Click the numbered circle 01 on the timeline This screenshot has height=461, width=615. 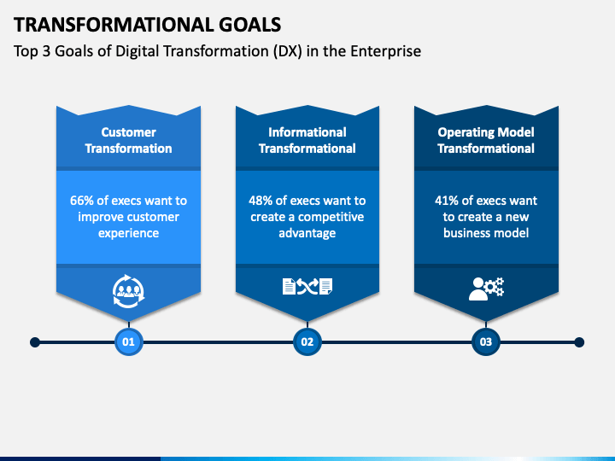[x=129, y=341]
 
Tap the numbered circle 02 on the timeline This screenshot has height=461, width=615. [x=307, y=341]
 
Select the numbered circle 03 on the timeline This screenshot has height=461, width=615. [x=485, y=341]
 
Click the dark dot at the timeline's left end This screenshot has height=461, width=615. [x=35, y=342]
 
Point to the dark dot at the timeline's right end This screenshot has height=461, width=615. [x=579, y=342]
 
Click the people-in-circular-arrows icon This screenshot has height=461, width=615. [x=128, y=291]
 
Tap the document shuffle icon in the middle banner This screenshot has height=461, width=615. [x=307, y=287]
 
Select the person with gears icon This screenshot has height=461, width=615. [x=486, y=289]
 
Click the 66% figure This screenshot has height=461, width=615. [x=82, y=201]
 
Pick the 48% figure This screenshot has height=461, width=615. [x=261, y=201]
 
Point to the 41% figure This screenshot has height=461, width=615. [x=447, y=201]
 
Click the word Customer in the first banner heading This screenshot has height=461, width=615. [x=129, y=132]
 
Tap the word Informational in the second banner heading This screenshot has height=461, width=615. [x=307, y=132]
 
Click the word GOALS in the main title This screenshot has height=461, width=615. [x=249, y=25]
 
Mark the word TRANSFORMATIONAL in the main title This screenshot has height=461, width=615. [x=114, y=25]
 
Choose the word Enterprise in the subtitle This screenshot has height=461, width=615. [x=385, y=51]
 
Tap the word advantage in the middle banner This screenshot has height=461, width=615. [x=307, y=233]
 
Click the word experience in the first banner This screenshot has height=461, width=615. [x=129, y=233]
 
